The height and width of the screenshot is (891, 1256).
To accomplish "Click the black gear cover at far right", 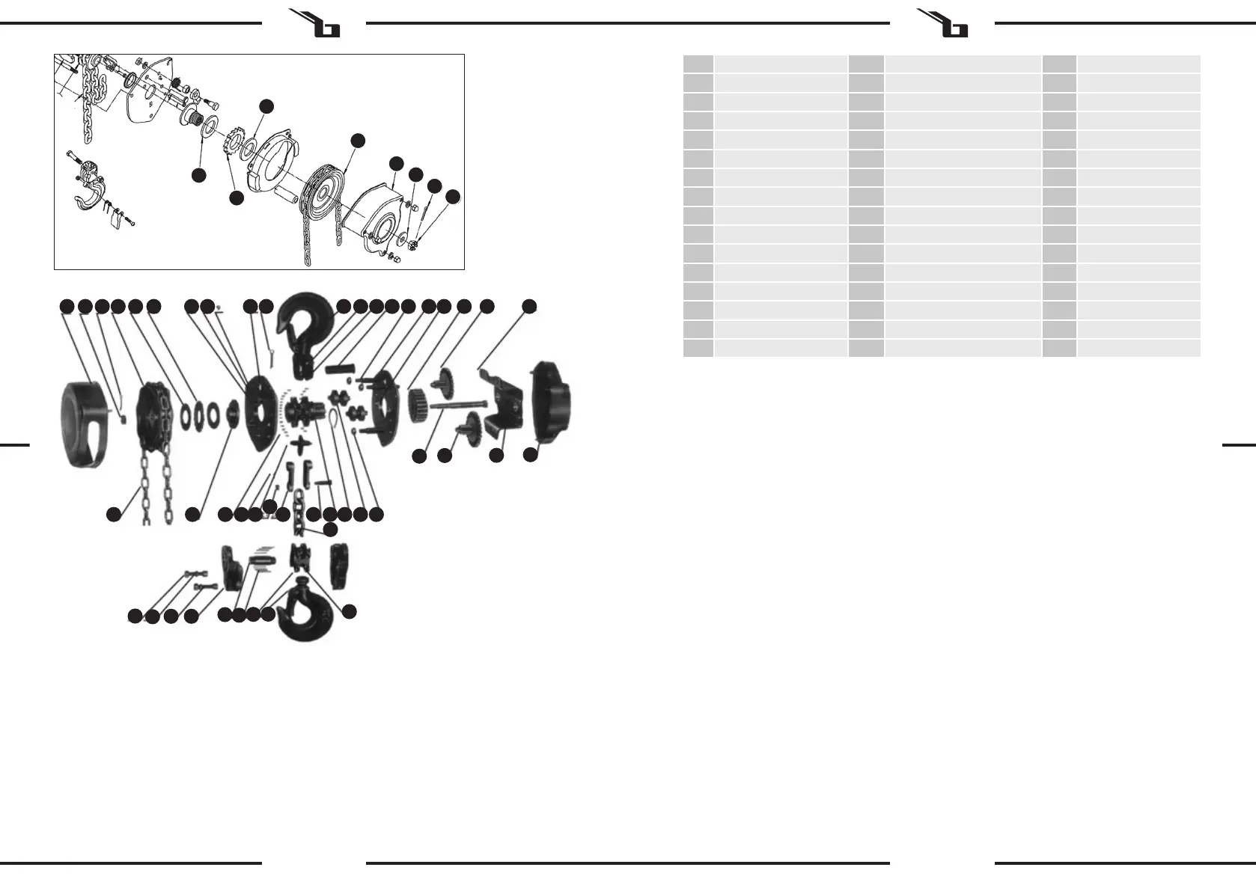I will [552, 400].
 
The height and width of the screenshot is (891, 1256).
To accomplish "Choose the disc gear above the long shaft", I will [447, 376].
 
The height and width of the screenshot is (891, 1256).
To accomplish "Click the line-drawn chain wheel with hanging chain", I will [326, 191].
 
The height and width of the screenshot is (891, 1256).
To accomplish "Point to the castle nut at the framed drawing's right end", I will [416, 243].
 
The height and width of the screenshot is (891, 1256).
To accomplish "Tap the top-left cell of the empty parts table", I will [698, 64].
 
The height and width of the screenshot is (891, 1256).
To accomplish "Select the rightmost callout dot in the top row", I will [529, 306].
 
